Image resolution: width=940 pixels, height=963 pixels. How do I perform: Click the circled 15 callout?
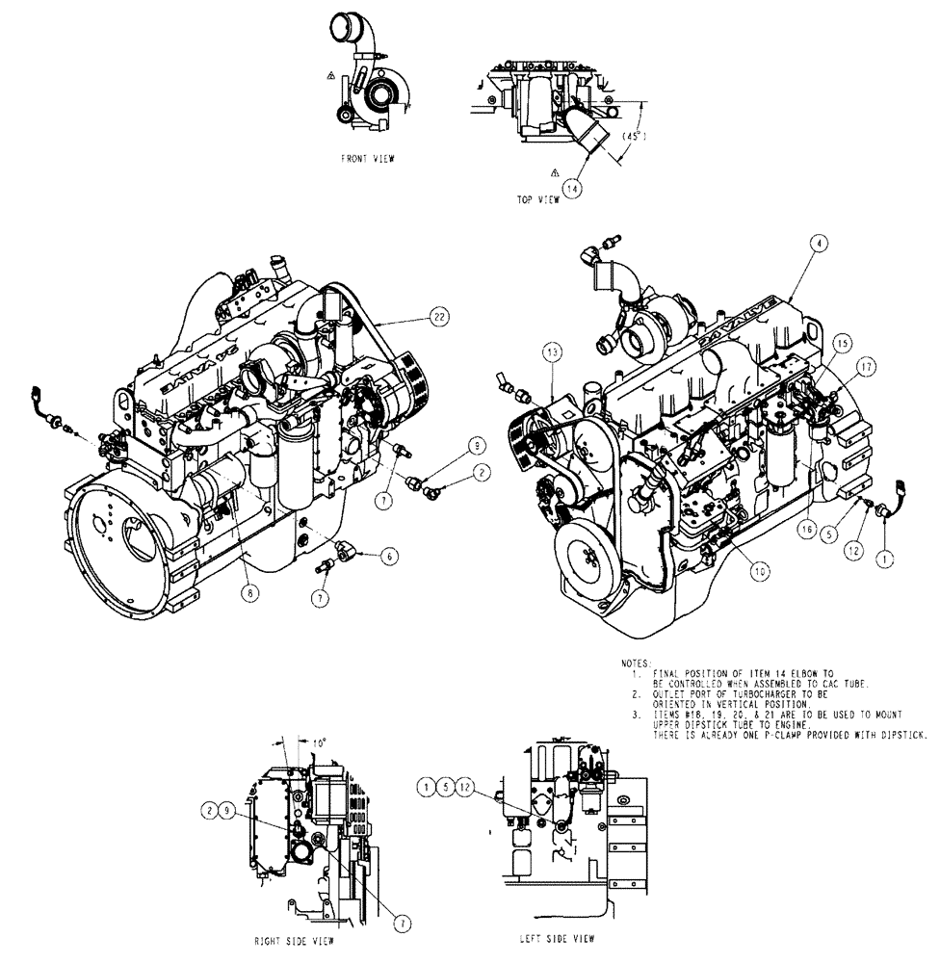[841, 343]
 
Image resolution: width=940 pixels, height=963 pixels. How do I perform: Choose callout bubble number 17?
[867, 366]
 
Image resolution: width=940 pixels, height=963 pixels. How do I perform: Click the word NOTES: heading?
[636, 664]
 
